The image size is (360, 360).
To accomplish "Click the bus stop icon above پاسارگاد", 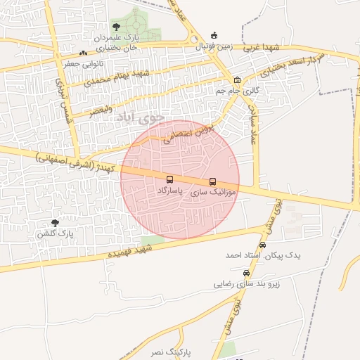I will click(x=169, y=179).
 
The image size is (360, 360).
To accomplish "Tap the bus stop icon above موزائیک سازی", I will click(x=213, y=181).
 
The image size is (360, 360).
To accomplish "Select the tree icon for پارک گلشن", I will click(x=56, y=222).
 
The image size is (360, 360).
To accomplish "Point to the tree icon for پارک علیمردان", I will click(x=116, y=27).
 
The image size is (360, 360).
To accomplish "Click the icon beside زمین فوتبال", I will click(x=214, y=36).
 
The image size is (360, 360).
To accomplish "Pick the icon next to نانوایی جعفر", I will click(x=84, y=53).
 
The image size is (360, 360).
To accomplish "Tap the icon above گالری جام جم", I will click(x=237, y=79).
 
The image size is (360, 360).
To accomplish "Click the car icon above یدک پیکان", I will click(x=263, y=245).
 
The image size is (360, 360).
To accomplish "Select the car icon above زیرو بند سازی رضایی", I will click(x=245, y=273).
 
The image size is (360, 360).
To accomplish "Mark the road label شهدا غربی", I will click(x=262, y=47).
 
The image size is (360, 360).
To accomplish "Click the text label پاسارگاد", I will click(x=169, y=191).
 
